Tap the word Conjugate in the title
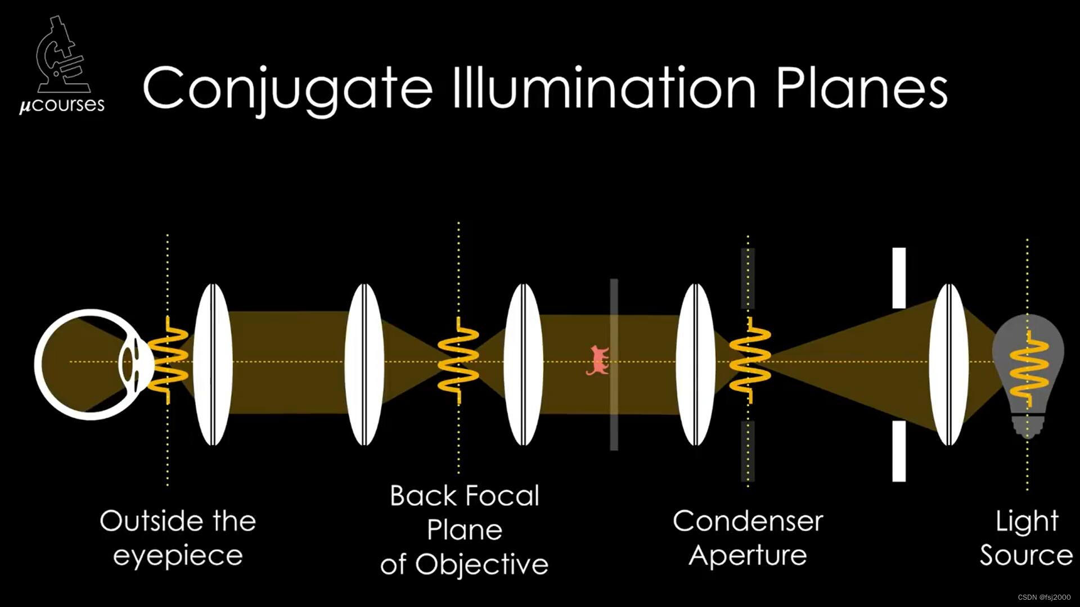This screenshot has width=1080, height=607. (287, 89)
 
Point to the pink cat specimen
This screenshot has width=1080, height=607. (598, 360)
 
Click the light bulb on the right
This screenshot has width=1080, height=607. (1028, 371)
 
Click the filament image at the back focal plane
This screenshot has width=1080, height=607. (458, 360)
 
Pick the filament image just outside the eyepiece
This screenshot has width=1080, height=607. (168, 360)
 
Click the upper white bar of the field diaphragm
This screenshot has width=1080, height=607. (899, 278)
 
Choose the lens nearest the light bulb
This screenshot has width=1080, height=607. (949, 364)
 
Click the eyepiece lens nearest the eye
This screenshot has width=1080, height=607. (213, 364)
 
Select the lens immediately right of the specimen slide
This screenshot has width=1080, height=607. (696, 364)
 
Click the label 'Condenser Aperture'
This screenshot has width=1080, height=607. (748, 538)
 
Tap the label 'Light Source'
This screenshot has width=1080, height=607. (1027, 538)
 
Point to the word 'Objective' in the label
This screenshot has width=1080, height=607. (481, 564)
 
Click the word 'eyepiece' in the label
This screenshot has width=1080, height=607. (178, 555)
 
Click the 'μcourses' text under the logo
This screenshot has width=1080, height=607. (62, 105)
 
